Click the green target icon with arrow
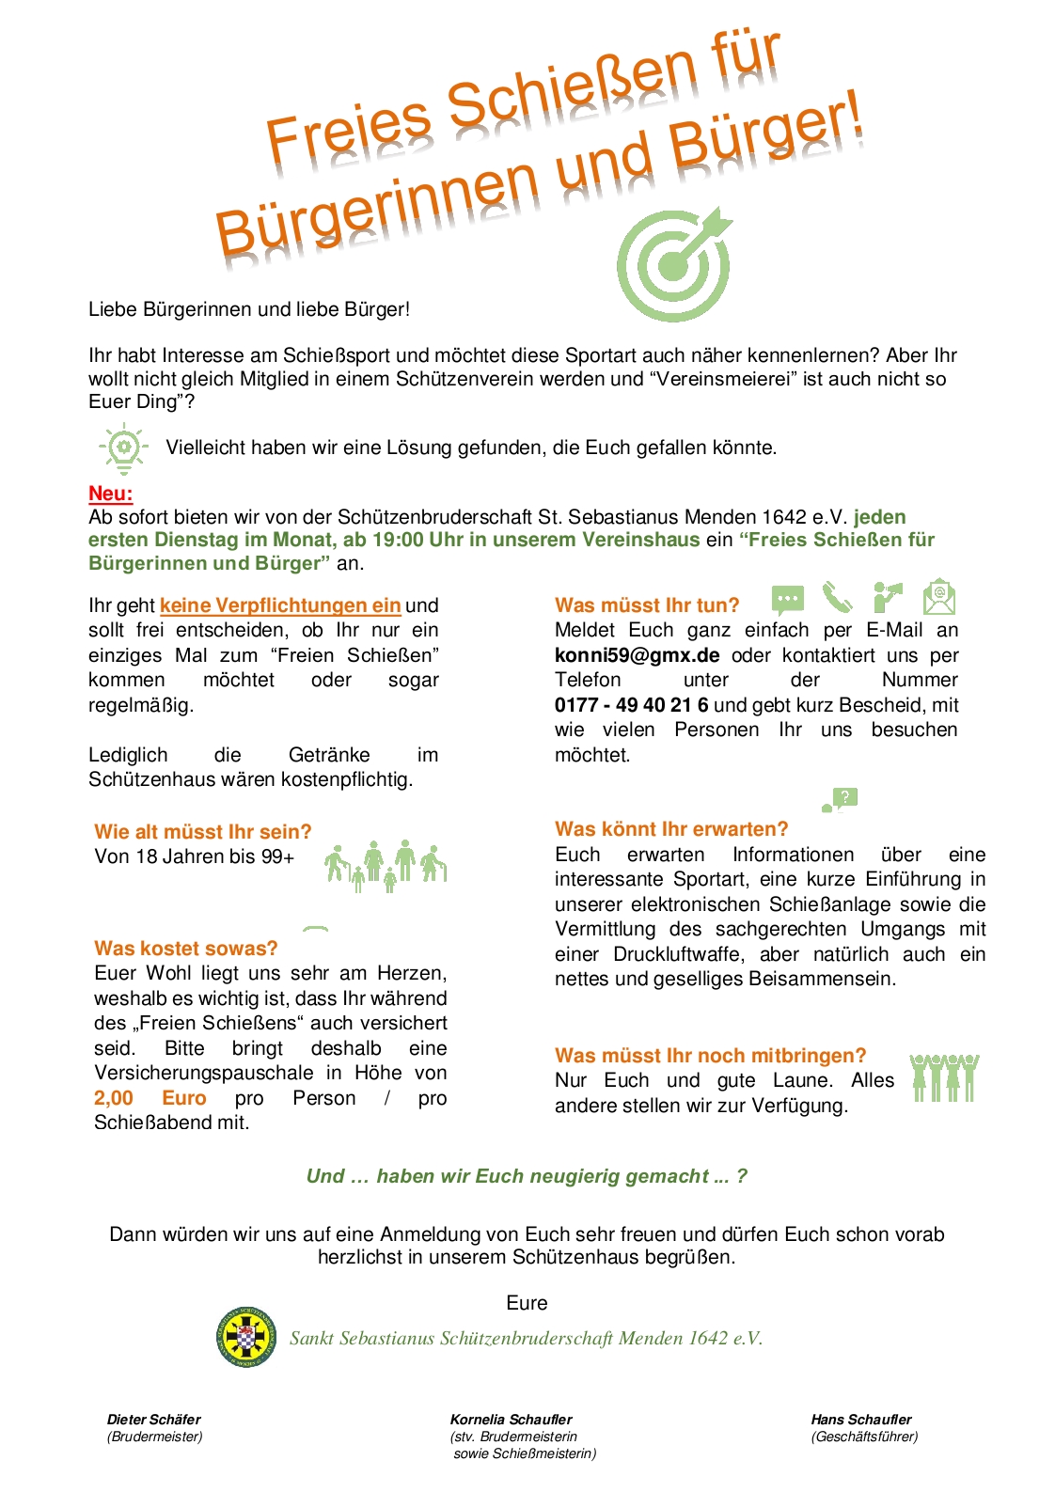674,264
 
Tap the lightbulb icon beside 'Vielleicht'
123,448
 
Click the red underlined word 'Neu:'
110,494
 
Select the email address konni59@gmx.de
638,655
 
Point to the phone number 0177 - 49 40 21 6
632,705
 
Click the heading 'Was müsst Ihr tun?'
647,605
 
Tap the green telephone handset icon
837,597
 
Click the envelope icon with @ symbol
938,597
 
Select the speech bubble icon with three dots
788,599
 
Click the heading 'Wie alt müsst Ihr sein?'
202,832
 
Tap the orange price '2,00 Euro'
150,1098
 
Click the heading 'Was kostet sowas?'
186,949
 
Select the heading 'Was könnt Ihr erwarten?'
671,829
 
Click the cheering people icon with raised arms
944,1077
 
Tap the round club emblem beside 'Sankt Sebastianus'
245,1337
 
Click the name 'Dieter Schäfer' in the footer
154,1420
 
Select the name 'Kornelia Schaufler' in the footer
511,1420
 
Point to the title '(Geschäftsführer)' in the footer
864,1437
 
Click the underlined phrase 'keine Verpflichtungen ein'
280,605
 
